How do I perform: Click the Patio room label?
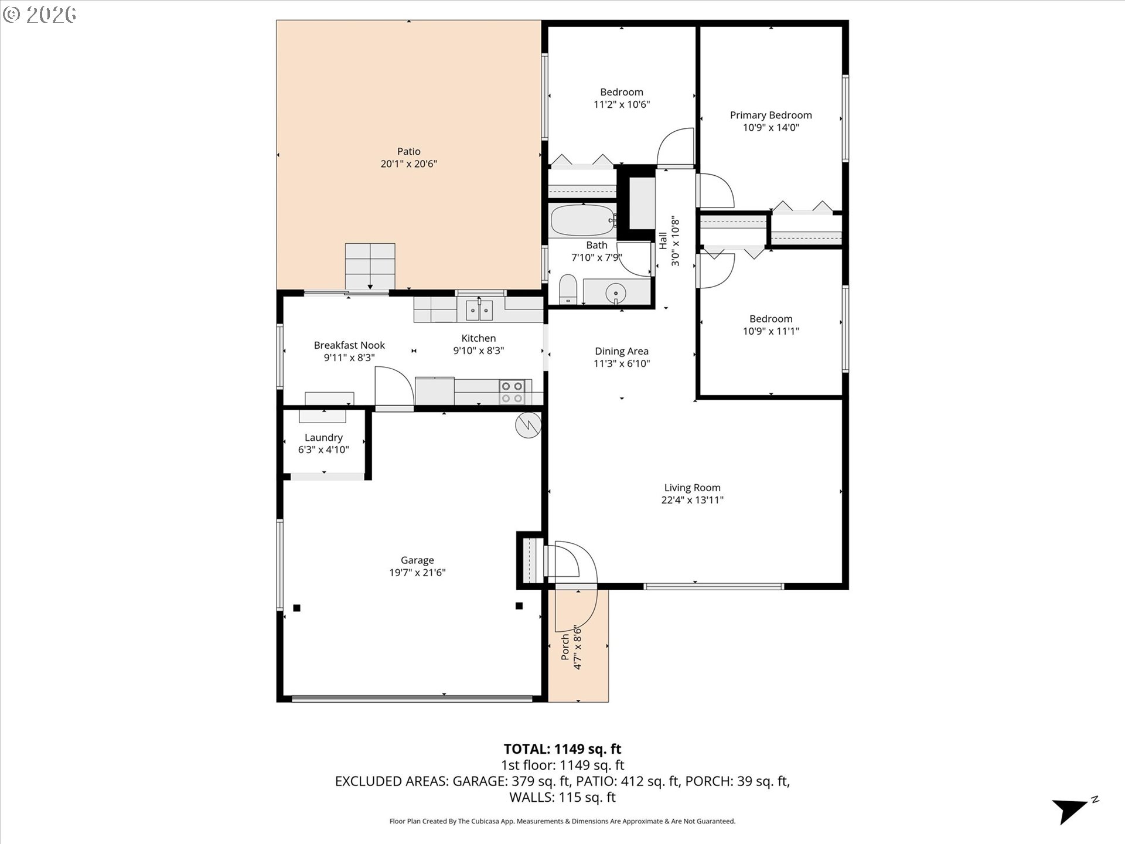tap(409, 151)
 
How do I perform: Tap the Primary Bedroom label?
tap(771, 115)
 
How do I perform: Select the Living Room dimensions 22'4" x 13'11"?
tap(692, 500)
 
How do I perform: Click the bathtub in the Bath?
tap(584, 220)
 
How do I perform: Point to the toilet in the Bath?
tap(568, 290)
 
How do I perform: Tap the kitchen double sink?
tap(479, 309)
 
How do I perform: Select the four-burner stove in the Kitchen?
tap(512, 392)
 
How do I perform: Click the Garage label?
tap(417, 560)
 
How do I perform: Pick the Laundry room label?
tap(323, 438)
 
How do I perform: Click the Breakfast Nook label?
tap(349, 345)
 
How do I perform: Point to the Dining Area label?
tap(622, 351)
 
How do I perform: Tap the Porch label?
tap(565, 646)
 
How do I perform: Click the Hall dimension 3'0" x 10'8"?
tap(675, 241)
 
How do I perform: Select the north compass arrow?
tap(1071, 811)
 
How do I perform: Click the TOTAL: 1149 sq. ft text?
tap(562, 748)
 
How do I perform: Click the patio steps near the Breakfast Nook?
tap(370, 267)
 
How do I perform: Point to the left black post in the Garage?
tap(297, 608)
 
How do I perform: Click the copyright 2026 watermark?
tap(39, 14)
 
